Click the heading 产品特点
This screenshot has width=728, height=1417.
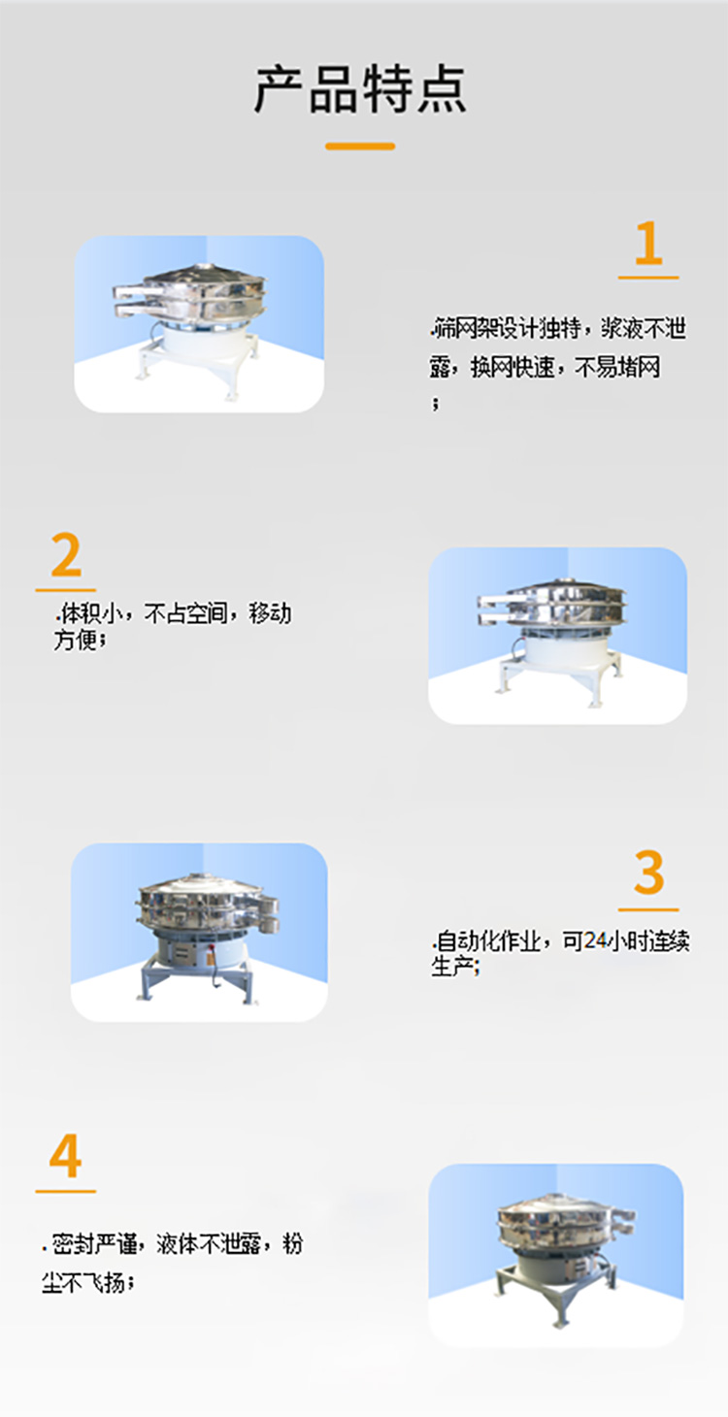[360, 89]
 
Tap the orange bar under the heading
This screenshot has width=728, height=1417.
[360, 147]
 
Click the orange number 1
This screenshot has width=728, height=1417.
[648, 244]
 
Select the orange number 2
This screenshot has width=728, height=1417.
[66, 556]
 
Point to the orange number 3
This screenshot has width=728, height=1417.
[648, 873]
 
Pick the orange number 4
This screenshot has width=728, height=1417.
[65, 1157]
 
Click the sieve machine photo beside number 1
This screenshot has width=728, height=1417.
[199, 323]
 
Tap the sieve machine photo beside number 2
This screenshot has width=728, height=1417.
[557, 635]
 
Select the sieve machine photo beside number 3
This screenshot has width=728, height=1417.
[199, 932]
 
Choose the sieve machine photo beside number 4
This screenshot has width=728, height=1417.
[556, 1255]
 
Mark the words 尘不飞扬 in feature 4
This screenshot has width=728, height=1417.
[83, 1283]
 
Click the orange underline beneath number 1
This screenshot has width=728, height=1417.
[648, 278]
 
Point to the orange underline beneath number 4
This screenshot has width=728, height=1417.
[65, 1191]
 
